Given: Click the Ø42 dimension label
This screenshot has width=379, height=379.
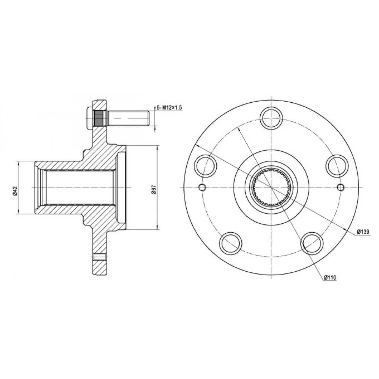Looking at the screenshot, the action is click(15, 191).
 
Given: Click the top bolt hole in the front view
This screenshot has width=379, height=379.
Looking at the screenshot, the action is click(271, 118).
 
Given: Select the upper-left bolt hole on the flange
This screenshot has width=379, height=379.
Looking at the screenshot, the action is click(205, 166).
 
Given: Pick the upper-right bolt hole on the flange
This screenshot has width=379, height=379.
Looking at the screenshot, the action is click(337, 166).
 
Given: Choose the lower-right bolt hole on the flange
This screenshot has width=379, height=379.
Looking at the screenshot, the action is click(312, 243).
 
